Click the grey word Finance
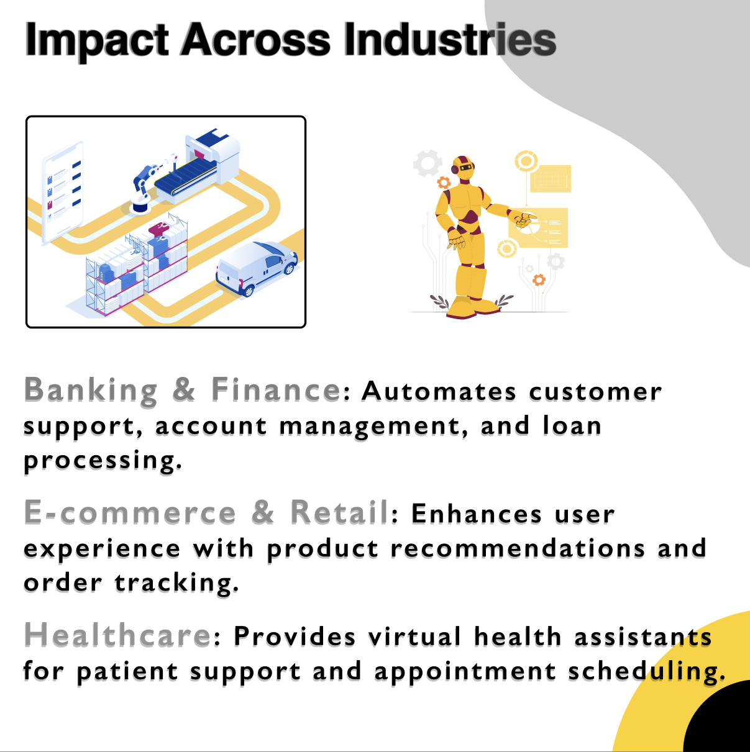click(276, 389)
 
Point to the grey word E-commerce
click(130, 512)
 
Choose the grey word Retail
click(340, 512)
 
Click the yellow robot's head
click(464, 168)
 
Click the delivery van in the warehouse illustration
click(257, 268)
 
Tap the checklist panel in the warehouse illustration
click(63, 193)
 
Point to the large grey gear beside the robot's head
click(428, 163)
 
